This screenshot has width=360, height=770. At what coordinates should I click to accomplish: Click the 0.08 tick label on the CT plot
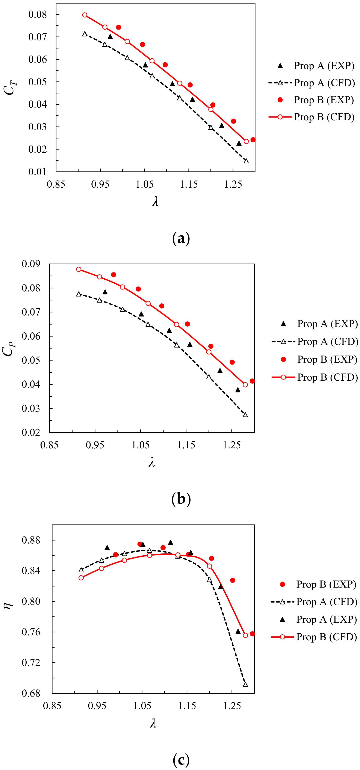[38, 14]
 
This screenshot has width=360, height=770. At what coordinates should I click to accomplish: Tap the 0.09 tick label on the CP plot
[31, 264]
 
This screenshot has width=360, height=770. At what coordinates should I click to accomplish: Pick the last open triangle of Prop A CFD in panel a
[246, 161]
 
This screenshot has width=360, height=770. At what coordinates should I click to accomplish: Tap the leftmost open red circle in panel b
[79, 269]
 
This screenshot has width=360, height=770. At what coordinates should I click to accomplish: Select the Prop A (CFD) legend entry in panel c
[327, 602]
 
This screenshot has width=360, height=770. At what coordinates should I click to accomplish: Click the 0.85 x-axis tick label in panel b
[49, 445]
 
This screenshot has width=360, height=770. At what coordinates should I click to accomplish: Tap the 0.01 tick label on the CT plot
[38, 172]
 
